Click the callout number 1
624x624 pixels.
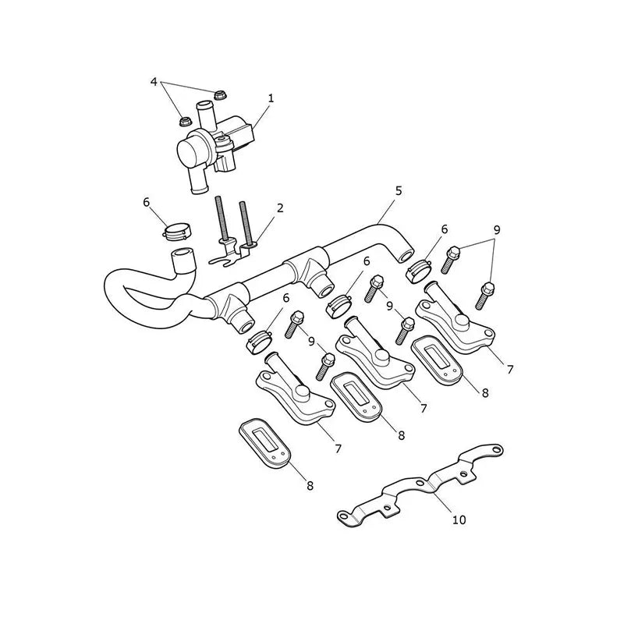tap(271, 98)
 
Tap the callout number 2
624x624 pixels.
tap(280, 207)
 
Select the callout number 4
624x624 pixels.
tap(154, 82)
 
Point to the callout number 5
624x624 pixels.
tap(399, 191)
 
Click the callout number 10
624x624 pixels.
tap(459, 519)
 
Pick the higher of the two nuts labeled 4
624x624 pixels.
tap(218, 95)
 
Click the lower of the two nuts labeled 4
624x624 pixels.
tap(184, 121)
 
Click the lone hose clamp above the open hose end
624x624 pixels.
tap(177, 232)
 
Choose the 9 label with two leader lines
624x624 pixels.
tap(496, 230)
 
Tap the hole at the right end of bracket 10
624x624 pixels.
tap(495, 449)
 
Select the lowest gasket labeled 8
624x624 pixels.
tap(264, 441)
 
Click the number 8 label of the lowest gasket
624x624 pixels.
tap(310, 485)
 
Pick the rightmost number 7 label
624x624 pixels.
tap(510, 369)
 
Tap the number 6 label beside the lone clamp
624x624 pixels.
tap(146, 202)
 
